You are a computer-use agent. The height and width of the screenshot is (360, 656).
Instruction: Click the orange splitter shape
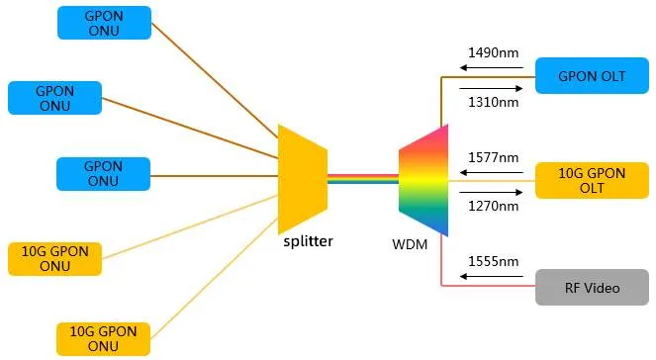tap(301, 178)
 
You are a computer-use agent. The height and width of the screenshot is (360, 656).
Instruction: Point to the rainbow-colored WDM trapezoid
tap(423, 180)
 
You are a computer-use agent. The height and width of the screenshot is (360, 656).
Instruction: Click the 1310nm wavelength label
tap(492, 101)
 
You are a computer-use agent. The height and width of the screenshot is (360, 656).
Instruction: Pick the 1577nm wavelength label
tap(492, 157)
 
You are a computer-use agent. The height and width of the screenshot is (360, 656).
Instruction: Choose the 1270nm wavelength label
tap(492, 206)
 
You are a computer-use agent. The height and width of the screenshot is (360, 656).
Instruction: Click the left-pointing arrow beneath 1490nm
tap(489, 69)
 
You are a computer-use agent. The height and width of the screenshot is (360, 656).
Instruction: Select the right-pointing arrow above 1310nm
tap(489, 86)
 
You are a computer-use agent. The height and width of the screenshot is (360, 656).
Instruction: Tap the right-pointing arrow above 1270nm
tap(489, 191)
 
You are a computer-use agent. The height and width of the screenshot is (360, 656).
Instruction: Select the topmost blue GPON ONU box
tap(104, 23)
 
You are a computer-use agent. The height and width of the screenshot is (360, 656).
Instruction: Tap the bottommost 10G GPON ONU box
tap(104, 338)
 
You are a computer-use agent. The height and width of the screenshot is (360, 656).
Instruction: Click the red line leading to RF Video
tap(485, 287)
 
